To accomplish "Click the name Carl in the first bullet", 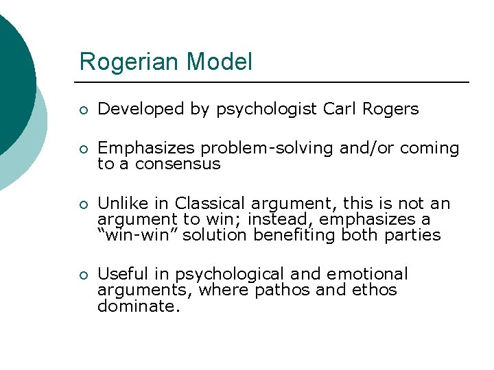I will [x=340, y=109].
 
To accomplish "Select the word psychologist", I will [x=267, y=110].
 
